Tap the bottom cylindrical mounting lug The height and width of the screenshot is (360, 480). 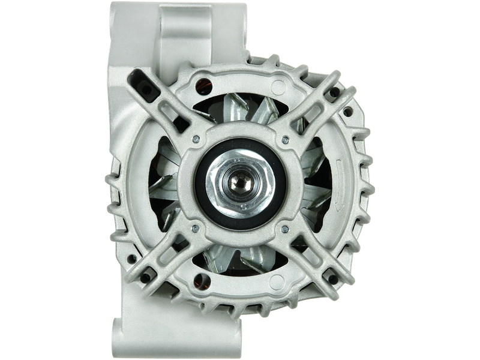point(180,327)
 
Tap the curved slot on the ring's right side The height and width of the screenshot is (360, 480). point(333,180)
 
